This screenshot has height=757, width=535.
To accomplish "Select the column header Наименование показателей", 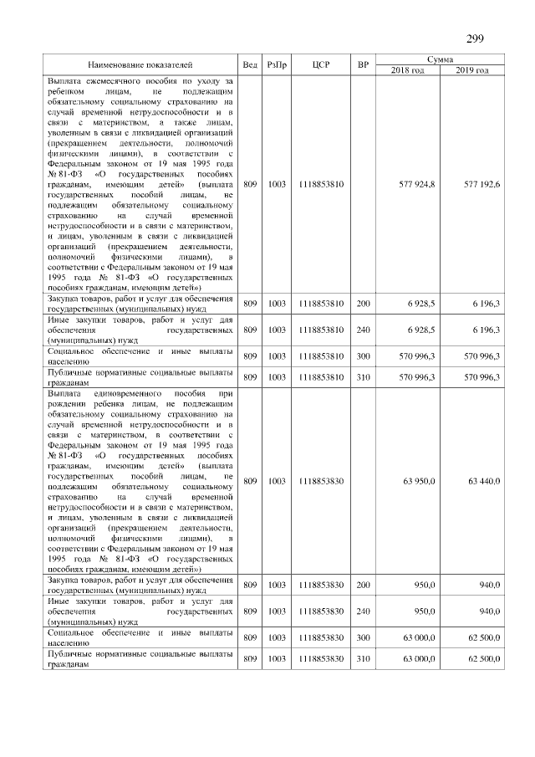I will coord(140,64).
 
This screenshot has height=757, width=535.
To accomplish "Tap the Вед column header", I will coord(250,64).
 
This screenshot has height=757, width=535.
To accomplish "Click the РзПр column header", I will coord(278,64).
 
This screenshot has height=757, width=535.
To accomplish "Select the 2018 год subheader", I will coord(409,70).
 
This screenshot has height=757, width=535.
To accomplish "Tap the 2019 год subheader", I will coord(472,70).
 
